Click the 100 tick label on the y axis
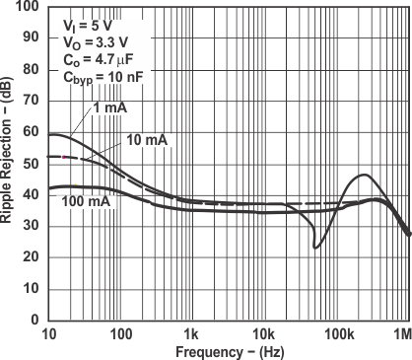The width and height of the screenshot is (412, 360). tap(29, 7)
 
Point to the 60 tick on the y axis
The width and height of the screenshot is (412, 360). tap(47, 132)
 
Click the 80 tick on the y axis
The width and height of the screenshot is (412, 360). tap(47, 69)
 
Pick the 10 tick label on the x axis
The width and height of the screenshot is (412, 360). tap(48, 334)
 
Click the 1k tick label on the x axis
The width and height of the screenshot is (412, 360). tap(191, 334)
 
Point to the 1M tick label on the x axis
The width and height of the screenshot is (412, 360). tap(402, 334)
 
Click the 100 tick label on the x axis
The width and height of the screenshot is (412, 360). tap(120, 334)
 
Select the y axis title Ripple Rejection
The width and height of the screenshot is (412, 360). tap(9, 164)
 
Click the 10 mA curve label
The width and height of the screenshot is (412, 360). tap(147, 140)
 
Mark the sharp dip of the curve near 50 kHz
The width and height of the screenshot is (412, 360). tap(315, 247)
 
